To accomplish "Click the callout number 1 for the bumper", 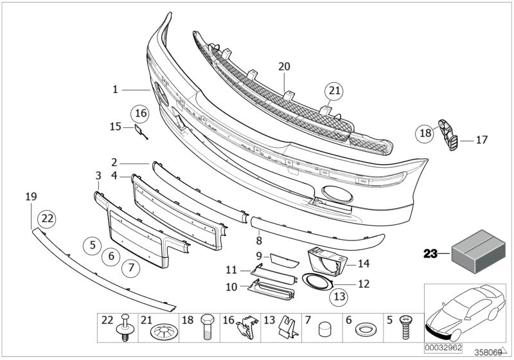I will [x=116, y=90].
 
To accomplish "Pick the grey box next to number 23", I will [x=476, y=252].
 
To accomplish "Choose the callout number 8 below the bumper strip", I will [x=259, y=240].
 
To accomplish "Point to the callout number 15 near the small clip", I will [x=116, y=127].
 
